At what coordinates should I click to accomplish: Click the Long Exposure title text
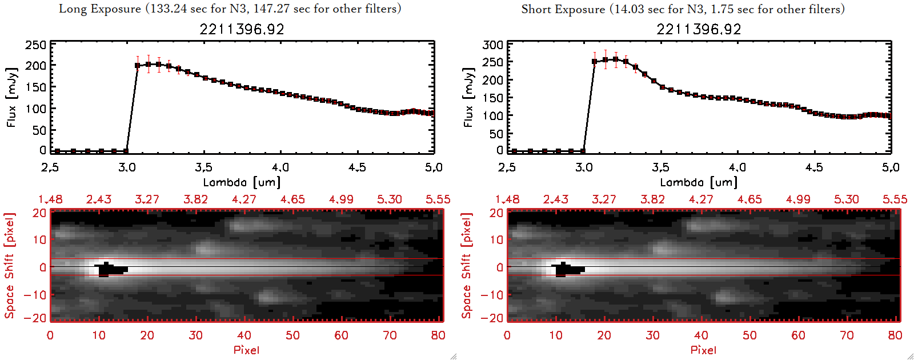coord(230,9)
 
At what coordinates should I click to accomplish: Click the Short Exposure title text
coord(683,9)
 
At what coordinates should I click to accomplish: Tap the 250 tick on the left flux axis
coord(35,45)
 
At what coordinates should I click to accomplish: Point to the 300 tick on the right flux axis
coord(492,45)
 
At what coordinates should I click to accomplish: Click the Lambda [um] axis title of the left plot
coord(242,182)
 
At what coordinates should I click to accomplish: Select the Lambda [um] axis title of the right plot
coord(699,182)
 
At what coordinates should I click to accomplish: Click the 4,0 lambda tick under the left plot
coord(280,167)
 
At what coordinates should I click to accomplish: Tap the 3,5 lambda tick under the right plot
coord(660,167)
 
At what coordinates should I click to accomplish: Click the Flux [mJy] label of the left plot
coord(12,97)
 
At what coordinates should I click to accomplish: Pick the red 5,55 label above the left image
coord(438,199)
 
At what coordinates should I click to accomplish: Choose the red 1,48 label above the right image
coord(507,199)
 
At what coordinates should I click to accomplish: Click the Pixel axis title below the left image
coord(246,350)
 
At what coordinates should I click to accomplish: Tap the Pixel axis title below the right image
coord(703,350)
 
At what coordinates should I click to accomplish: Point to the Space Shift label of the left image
coord(10,266)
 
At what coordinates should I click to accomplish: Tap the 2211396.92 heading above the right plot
coord(699,29)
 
